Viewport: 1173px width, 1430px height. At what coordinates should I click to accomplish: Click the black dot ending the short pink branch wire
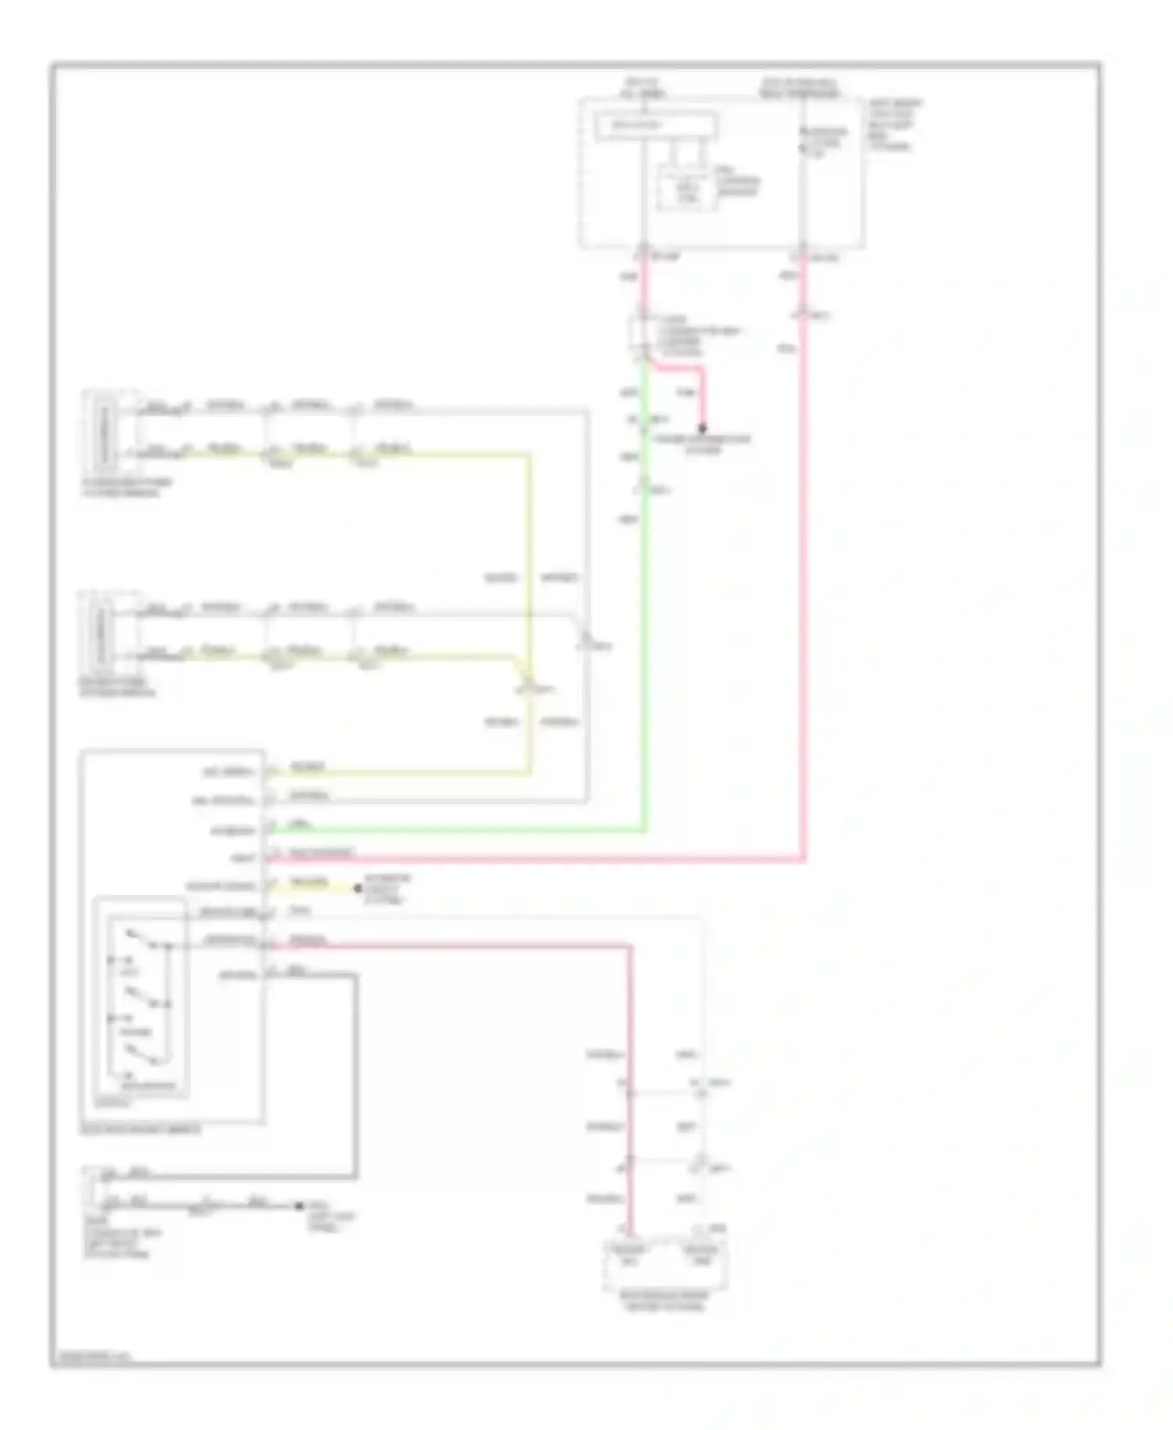click(x=701, y=429)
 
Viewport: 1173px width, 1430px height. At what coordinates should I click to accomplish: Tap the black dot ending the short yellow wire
click(x=357, y=888)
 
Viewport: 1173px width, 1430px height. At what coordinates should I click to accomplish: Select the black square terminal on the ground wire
click(x=299, y=1205)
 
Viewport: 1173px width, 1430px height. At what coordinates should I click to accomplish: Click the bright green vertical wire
click(x=644, y=626)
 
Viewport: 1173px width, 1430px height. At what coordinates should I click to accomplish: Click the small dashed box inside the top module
click(x=686, y=189)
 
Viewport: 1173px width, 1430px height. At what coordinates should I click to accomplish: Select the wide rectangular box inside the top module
click(x=655, y=125)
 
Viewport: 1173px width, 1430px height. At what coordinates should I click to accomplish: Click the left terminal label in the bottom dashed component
click(x=629, y=1255)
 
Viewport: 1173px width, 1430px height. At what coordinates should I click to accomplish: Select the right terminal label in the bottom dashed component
click(x=700, y=1255)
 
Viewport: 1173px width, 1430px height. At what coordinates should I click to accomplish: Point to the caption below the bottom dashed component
click(x=665, y=1301)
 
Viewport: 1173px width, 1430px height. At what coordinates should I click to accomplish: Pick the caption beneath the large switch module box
click(x=140, y=1130)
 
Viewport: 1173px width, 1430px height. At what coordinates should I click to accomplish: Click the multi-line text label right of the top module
click(x=893, y=124)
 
